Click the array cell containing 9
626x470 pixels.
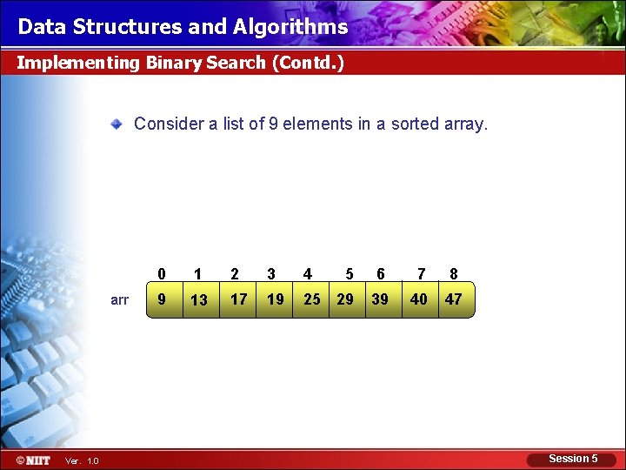[x=162, y=299]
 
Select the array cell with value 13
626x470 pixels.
[x=199, y=299]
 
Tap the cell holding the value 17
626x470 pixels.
[x=238, y=299]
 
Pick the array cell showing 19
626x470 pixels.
[x=275, y=299]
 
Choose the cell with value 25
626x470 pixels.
[x=311, y=299]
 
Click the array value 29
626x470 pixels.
[x=345, y=299]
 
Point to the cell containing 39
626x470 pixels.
[x=380, y=299]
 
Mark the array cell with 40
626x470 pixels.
[x=419, y=299]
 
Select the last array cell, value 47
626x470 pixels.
[x=453, y=299]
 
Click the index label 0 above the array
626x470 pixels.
[x=162, y=274]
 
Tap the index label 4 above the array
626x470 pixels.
[x=308, y=274]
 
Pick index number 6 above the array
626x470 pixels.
[x=381, y=274]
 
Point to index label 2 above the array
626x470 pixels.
[x=235, y=274]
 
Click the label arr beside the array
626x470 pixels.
[x=120, y=300]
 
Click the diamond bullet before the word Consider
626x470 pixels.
[x=117, y=124]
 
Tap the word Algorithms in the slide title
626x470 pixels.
[x=290, y=27]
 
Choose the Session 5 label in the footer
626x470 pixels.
[x=573, y=459]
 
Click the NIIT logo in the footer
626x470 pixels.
[x=33, y=460]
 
